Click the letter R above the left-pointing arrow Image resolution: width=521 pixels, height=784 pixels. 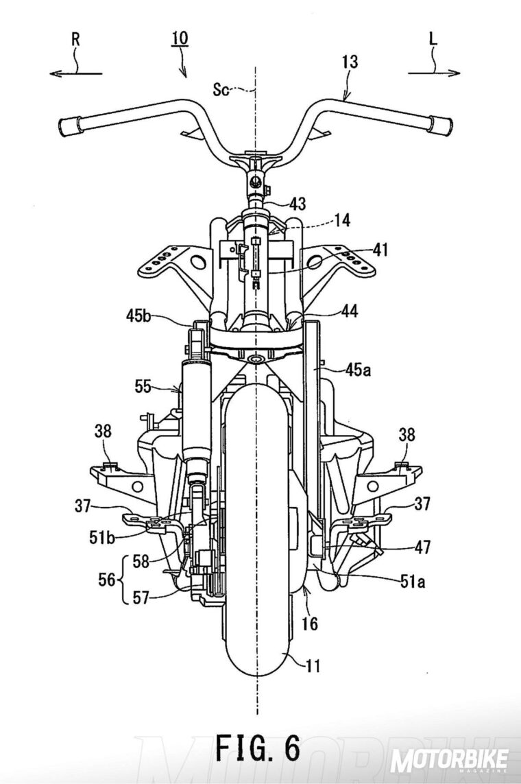(75, 39)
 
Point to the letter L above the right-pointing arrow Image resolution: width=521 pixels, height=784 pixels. (434, 39)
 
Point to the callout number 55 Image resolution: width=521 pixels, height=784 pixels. (143, 388)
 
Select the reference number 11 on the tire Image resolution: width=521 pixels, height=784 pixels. (313, 664)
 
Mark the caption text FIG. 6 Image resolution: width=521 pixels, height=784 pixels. (258, 747)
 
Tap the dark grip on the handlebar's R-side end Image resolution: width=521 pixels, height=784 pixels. (69, 126)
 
